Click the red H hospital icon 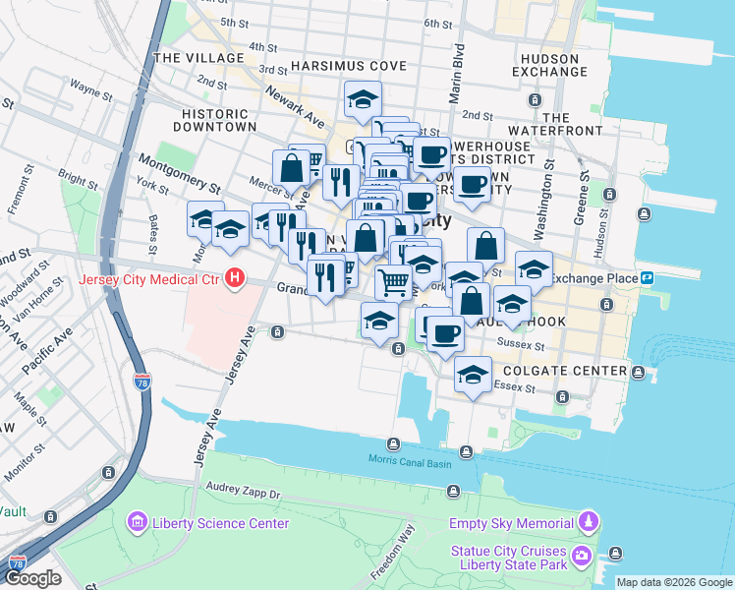234,279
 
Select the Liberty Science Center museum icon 138,522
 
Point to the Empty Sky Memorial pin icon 588,522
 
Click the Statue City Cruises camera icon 583,557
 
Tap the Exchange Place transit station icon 649,278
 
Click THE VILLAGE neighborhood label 198,58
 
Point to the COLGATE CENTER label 564,371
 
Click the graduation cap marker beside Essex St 473,375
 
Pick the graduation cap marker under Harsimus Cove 363,98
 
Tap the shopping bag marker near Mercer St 292,167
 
